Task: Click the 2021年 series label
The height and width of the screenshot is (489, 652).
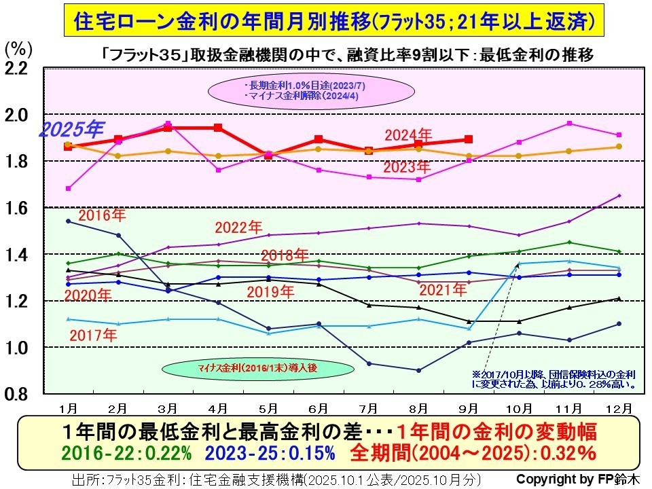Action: pos(443,290)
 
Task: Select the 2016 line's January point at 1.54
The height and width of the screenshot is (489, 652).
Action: pos(68,221)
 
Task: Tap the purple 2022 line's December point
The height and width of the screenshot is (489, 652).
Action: pos(619,196)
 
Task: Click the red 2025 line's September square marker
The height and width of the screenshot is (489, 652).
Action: pos(469,139)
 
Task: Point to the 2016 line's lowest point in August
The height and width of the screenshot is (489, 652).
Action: pos(418,370)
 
